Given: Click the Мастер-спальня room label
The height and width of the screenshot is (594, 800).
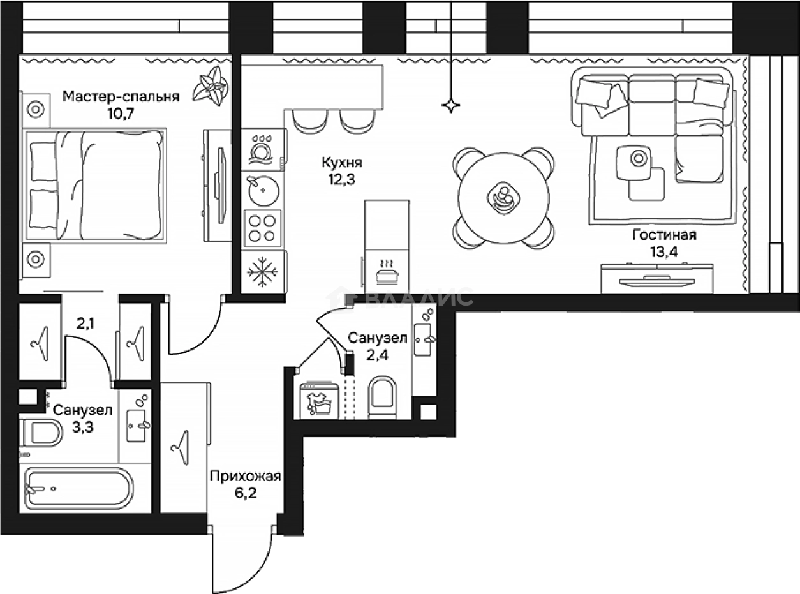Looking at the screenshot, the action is (x=121, y=97).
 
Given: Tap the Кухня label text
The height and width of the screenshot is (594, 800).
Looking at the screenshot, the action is (x=342, y=163).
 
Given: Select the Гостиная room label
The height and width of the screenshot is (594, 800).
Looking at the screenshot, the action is (x=664, y=235).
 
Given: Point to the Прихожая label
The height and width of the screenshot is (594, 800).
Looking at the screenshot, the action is (x=246, y=477).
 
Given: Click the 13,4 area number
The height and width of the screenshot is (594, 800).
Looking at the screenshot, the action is (x=664, y=252).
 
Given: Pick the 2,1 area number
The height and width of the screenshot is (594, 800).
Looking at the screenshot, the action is (x=85, y=323).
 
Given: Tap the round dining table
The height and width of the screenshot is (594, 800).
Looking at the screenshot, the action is (x=503, y=198).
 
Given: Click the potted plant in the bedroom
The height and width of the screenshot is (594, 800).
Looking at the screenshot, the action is (x=211, y=86).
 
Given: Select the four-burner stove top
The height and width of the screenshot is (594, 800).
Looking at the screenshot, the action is (x=262, y=228).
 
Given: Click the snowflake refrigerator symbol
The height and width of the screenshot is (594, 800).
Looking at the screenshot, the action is (x=262, y=272).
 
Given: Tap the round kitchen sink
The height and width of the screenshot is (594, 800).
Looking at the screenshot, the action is (x=263, y=191).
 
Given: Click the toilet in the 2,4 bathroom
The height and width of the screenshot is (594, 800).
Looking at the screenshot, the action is (x=382, y=397).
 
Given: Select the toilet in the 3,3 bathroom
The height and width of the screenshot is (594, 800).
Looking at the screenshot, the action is (x=41, y=433).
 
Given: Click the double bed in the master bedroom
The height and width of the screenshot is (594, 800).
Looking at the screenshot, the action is (x=94, y=186).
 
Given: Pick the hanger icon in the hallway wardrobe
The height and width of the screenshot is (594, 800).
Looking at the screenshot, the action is (x=181, y=447).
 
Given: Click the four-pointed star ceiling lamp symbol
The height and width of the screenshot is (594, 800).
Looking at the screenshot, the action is (x=451, y=105).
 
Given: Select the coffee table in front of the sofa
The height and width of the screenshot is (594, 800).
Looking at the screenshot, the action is (x=633, y=163).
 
